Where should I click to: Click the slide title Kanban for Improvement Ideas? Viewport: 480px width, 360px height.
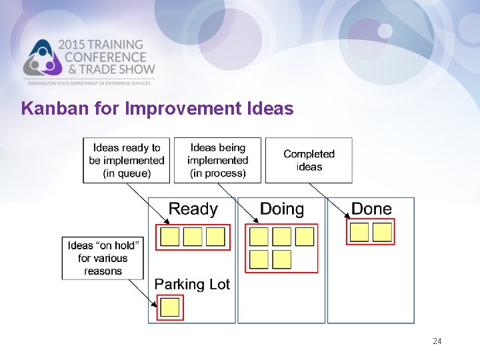pos(157,108)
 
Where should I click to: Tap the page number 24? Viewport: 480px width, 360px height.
pos(437,341)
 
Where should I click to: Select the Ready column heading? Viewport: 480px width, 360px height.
pos(193,209)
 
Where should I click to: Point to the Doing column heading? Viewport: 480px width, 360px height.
pos(281,209)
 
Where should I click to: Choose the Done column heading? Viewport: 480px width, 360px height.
pos(371,209)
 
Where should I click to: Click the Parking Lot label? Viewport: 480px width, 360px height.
pos(192,284)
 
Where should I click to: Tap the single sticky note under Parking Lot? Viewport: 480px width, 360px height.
pos(170,307)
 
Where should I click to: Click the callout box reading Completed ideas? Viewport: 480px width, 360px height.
pos(309,160)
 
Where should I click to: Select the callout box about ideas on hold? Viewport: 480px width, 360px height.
pos(103,258)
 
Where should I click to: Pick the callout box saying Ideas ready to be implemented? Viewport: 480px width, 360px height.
pos(127,160)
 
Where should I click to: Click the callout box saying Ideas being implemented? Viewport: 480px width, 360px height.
pos(217,160)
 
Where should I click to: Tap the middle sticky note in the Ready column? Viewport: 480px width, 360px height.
pos(193,237)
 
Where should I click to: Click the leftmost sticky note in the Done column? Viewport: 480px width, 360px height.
pos(359,231)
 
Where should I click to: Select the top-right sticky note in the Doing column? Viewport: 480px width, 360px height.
pos(304,236)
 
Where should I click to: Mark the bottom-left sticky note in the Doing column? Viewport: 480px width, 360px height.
pos(259,259)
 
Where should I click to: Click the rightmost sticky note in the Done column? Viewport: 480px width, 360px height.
pos(382,231)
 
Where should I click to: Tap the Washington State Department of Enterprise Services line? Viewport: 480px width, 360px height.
pos(90,83)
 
